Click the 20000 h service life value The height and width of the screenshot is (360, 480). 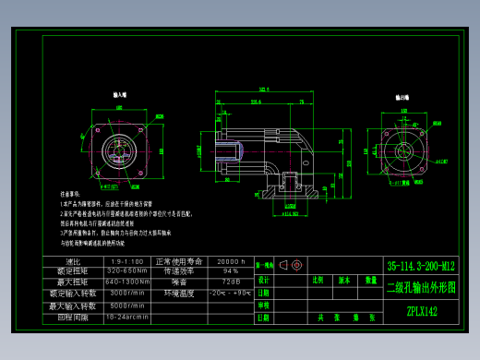(228, 262)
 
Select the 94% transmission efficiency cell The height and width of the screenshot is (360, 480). (229, 272)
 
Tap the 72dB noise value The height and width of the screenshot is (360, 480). (229, 282)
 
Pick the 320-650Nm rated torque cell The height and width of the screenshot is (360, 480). (127, 272)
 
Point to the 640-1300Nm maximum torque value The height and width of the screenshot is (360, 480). (127, 282)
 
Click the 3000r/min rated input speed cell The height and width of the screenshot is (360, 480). (127, 294)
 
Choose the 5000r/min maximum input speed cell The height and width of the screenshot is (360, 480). (127, 306)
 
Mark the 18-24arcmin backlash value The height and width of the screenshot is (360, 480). (127, 317)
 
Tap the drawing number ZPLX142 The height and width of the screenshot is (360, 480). (421, 311)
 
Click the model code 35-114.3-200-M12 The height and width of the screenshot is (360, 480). (421, 267)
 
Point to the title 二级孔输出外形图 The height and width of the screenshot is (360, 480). (421, 288)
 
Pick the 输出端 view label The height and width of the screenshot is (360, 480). (403, 96)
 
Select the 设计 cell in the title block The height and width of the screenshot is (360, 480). (264, 280)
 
